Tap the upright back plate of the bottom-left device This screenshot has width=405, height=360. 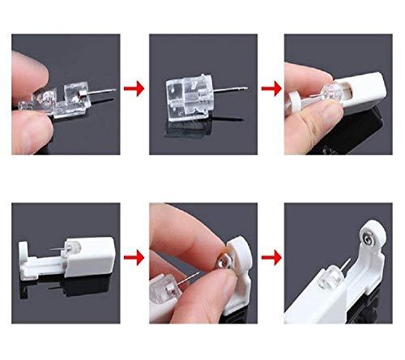(x=23, y=243)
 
